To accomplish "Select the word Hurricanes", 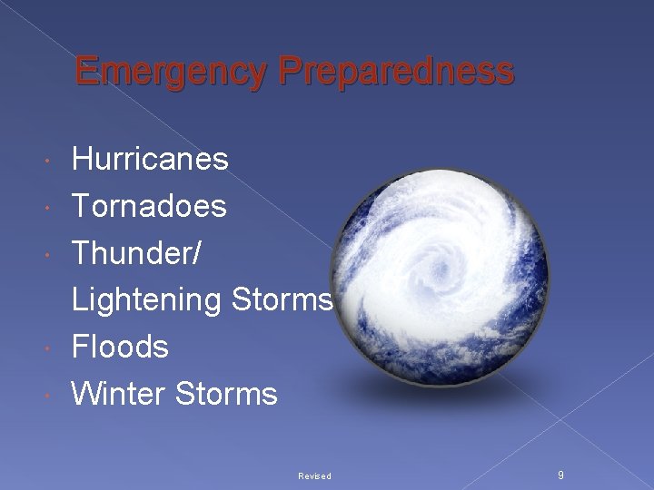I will (150, 160).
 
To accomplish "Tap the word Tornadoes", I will (149, 206).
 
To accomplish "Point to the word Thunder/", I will (137, 253).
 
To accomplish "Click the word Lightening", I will (147, 300).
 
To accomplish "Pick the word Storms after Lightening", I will (282, 299).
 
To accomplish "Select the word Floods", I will (120, 347).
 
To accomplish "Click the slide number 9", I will (560, 475).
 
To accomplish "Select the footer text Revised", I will (314, 475).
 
